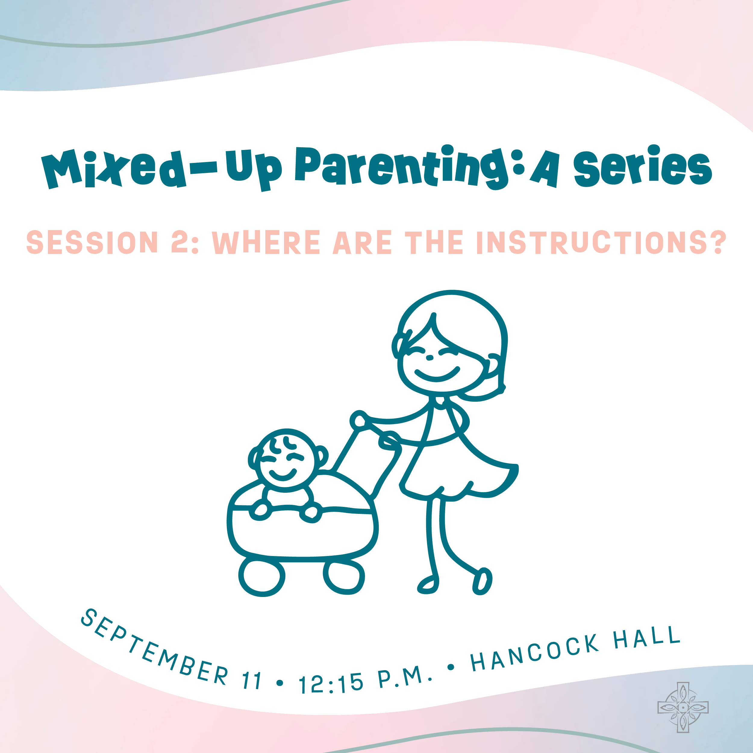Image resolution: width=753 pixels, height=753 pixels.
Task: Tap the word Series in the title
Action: pos(643,166)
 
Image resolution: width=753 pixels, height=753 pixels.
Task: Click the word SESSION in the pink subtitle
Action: pos(92,242)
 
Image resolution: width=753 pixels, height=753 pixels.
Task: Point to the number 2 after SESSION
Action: pos(180,242)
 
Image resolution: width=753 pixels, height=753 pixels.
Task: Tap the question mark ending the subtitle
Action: pos(716,242)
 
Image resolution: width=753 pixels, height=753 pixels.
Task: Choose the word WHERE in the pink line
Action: pos(266,242)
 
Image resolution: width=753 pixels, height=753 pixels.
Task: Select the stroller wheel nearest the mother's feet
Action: pos(343,576)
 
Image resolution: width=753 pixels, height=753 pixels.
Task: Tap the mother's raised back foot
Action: pos(483,582)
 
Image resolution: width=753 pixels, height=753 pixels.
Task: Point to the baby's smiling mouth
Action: pos(283,476)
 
